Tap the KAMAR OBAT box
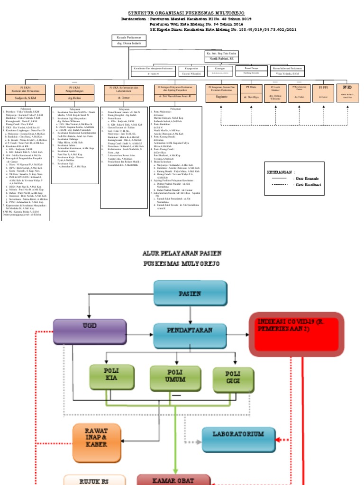click(x=173, y=479)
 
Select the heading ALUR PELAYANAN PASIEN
click(x=182, y=254)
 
